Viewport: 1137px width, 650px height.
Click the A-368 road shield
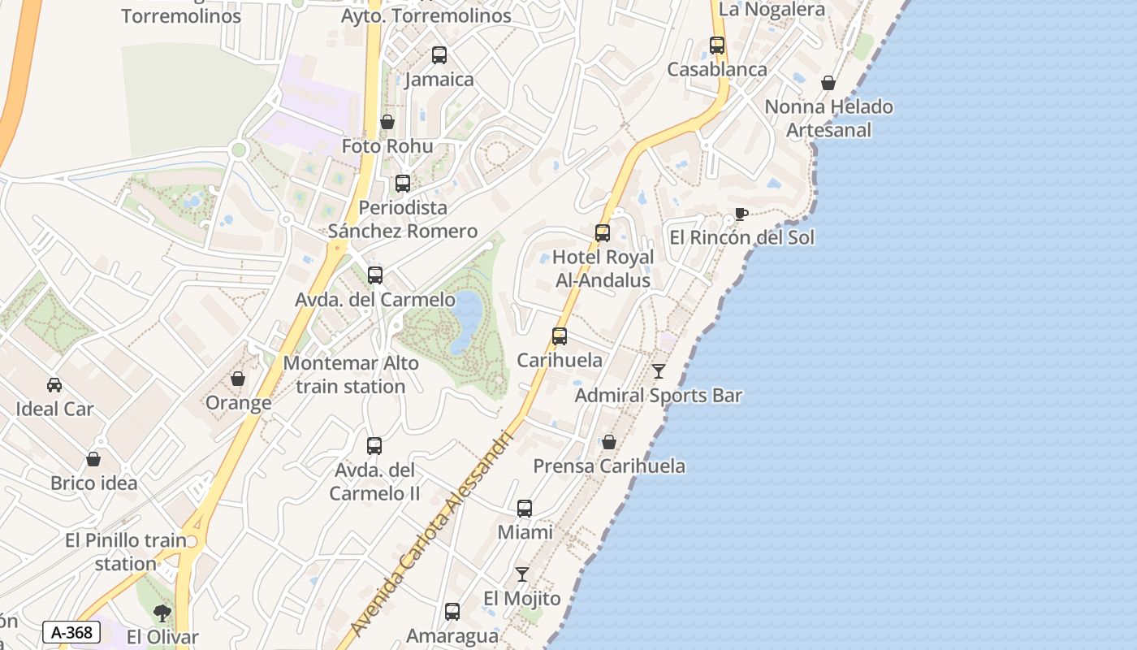coord(71,632)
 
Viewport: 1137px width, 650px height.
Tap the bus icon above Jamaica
coord(439,55)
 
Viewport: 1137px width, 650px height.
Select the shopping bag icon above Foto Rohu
coord(387,123)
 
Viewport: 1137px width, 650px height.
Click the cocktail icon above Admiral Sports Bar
coord(659,371)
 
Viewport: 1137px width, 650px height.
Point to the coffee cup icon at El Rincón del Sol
coord(741,214)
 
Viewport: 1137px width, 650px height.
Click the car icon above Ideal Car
coord(54,385)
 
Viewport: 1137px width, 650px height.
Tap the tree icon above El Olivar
coord(162,613)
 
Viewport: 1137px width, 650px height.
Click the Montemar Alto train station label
coord(351,375)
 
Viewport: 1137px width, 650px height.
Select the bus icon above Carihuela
coord(560,336)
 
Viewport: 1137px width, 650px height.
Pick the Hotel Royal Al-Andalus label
coord(603,269)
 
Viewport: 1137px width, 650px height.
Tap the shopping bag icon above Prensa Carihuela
coord(609,442)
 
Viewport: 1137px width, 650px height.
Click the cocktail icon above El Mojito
coord(522,574)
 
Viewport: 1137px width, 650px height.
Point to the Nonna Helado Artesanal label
coord(828,119)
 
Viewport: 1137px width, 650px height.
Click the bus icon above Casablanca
coord(717,45)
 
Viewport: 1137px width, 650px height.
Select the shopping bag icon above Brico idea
coord(93,459)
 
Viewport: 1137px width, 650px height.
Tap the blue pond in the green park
coord(467,319)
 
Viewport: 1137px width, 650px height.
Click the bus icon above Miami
coord(525,509)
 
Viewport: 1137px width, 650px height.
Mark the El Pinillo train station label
coord(126,552)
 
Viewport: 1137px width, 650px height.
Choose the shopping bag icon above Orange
coord(238,379)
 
